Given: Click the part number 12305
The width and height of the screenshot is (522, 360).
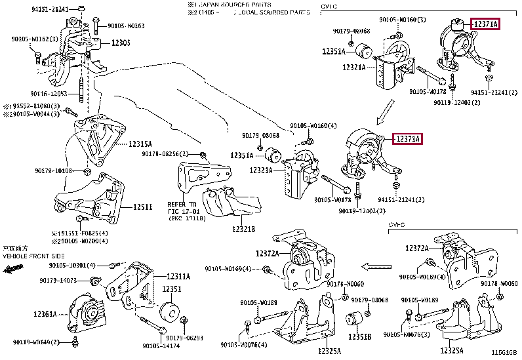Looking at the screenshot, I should [x=121, y=43].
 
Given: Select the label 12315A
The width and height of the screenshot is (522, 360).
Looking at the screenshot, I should [x=140, y=144].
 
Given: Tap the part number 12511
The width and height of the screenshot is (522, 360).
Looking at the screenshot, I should [x=142, y=207].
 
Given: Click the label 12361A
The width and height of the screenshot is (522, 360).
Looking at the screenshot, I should [x=45, y=314].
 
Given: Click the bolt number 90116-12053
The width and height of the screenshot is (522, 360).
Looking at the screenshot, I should [x=50, y=94].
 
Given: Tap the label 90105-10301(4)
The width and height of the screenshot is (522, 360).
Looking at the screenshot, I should [x=72, y=265].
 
